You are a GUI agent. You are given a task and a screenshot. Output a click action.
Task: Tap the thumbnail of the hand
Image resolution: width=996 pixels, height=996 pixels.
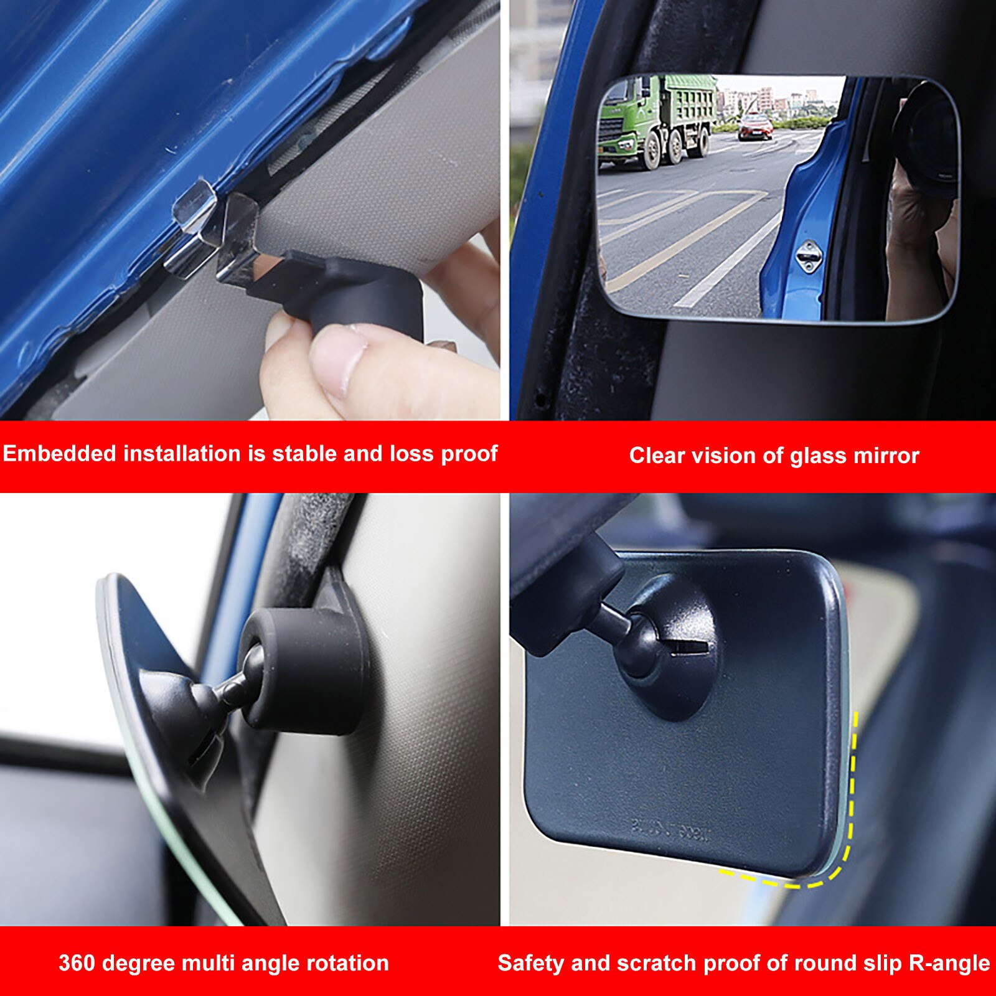[x=339, y=361]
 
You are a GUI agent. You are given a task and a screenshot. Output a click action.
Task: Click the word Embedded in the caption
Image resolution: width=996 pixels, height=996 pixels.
[x=60, y=454]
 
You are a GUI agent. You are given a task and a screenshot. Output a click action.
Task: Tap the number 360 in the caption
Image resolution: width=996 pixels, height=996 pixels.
[x=77, y=963]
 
